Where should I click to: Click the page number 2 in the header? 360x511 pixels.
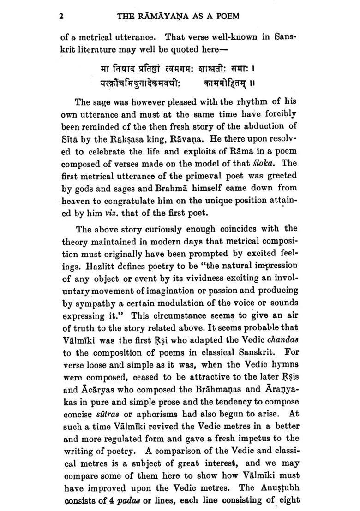(61, 16)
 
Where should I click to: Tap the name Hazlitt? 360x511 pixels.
(94, 265)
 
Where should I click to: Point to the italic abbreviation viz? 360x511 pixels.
(112, 214)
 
